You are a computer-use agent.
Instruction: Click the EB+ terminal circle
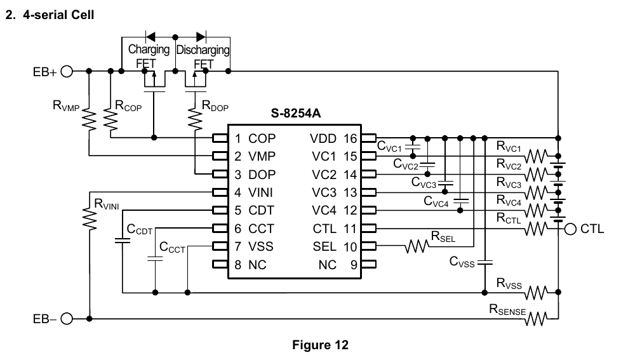click(x=67, y=71)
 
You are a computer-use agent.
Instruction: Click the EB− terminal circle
click(x=67, y=319)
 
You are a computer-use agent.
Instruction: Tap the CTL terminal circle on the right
click(x=570, y=229)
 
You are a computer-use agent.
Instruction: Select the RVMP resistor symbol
click(x=90, y=119)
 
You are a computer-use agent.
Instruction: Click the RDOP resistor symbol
click(x=194, y=119)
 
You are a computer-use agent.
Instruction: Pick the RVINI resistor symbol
click(x=90, y=218)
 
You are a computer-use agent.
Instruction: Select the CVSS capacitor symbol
click(x=484, y=261)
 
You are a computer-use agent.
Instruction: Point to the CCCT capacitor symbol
click(x=154, y=258)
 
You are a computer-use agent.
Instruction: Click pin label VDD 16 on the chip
click(x=333, y=138)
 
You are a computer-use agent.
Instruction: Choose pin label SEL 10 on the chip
click(x=333, y=246)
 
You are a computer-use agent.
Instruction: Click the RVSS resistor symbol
click(x=535, y=293)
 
